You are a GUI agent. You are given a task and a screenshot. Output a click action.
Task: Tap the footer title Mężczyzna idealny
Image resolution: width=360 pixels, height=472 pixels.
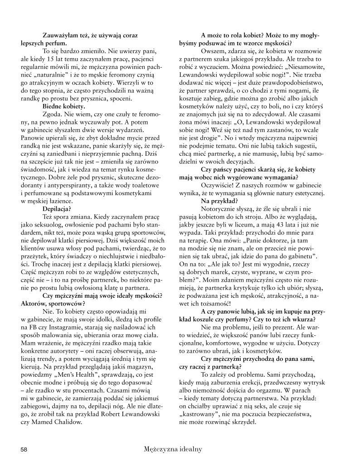pyautogui.click(x=172, y=449)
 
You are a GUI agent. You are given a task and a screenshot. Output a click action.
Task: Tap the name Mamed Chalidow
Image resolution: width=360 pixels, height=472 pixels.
pyautogui.click(x=58, y=422)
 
